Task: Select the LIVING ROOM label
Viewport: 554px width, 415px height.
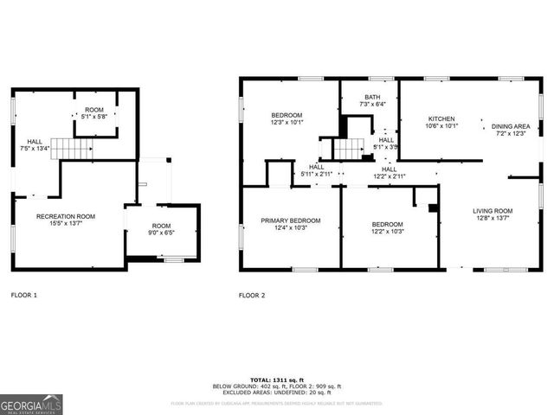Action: [x=493, y=211]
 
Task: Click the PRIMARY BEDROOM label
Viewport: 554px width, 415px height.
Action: [x=291, y=220]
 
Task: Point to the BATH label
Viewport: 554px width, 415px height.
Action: [x=372, y=97]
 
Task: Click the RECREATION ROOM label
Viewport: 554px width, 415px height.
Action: [x=66, y=216]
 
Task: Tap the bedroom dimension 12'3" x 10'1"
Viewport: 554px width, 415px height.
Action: [x=287, y=123]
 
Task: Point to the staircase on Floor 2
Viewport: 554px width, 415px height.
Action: [x=348, y=150]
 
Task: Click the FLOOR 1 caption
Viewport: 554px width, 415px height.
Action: [x=23, y=296]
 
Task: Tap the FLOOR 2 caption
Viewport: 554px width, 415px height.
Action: [x=252, y=296]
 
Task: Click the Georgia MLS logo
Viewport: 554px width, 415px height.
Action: [x=31, y=404]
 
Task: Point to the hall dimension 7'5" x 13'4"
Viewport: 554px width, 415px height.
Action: [x=35, y=149]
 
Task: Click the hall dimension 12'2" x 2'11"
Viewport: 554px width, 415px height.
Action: [x=390, y=176]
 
